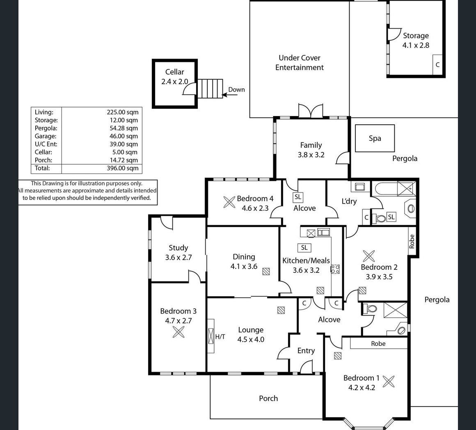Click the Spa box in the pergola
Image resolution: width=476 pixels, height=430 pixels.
click(375, 139)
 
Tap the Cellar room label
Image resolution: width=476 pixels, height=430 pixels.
click(175, 72)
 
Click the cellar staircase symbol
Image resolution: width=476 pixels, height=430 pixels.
click(211, 89)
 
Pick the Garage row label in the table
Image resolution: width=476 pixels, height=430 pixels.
click(46, 136)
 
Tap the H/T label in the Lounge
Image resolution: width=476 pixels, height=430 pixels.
click(220, 337)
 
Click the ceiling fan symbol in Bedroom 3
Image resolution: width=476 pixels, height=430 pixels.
click(178, 332)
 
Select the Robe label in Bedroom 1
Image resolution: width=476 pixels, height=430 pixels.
click(378, 343)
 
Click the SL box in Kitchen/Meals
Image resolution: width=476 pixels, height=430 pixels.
click(304, 247)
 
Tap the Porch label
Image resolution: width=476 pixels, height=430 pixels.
click(268, 398)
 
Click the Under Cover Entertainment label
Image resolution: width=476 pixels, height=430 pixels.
click(300, 63)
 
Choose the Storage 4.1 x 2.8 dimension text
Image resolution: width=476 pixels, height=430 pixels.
click(416, 45)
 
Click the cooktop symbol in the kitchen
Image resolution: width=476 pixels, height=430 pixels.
click(335, 269)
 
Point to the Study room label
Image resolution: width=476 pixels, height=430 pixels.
click(178, 248)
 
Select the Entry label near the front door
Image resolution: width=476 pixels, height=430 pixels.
click(306, 350)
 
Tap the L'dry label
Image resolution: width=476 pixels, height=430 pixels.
click(349, 201)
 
